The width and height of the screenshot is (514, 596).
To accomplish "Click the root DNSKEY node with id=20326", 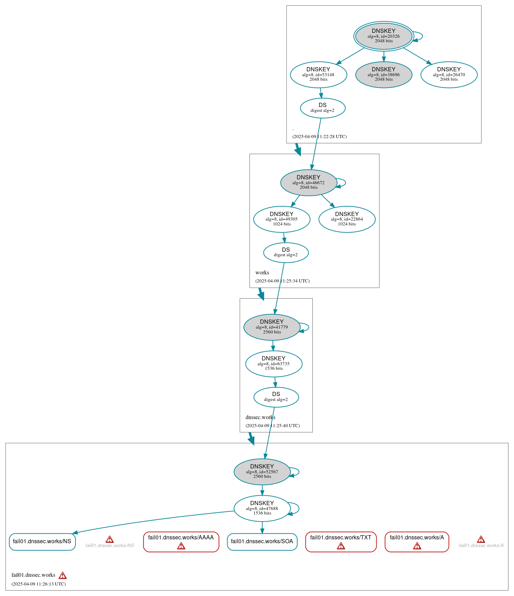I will click(x=384, y=36).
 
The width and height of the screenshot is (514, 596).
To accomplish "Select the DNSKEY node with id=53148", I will click(x=318, y=74).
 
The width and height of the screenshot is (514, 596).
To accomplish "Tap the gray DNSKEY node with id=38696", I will click(x=384, y=74).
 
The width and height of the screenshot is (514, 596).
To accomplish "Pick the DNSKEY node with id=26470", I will click(x=449, y=74).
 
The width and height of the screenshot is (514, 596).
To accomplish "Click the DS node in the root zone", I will click(x=323, y=108).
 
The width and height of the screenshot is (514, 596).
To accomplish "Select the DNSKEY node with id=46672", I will click(x=309, y=182).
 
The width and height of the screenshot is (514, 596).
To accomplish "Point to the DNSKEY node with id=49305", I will click(x=282, y=219).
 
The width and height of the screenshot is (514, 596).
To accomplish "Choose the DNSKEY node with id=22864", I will click(x=347, y=219).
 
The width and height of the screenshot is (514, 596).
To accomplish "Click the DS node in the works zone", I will click(x=286, y=252).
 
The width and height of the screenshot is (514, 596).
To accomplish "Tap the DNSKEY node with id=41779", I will click(x=272, y=327).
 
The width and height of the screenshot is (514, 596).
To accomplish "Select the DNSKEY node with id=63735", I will click(x=274, y=364).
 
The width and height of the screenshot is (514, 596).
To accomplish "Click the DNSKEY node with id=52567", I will click(x=262, y=472).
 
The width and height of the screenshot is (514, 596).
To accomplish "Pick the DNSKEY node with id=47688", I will click(x=262, y=508).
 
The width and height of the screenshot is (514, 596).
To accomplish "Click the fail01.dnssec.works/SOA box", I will click(x=262, y=541).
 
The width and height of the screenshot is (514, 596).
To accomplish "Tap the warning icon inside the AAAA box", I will click(x=181, y=546).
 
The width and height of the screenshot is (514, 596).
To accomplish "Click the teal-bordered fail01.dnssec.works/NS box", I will click(x=42, y=541).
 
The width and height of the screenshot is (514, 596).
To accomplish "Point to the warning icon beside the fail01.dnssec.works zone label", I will click(x=63, y=575).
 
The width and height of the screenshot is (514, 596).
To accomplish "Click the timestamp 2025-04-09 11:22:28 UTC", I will click(x=319, y=137).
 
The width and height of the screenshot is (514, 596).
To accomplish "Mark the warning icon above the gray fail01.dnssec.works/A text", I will click(x=481, y=539).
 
